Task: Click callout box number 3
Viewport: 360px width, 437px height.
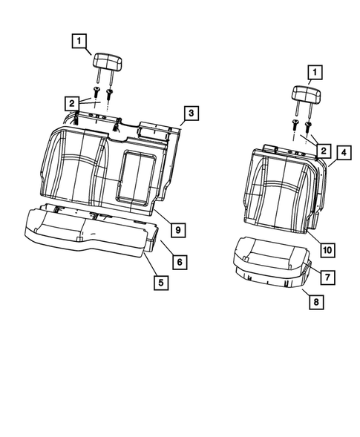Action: pyautogui.click(x=191, y=113)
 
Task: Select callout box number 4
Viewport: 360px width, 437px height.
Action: pyautogui.click(x=343, y=154)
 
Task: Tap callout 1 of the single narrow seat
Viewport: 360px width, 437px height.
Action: pyautogui.click(x=315, y=72)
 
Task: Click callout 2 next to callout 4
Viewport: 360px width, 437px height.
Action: pyautogui.click(x=323, y=150)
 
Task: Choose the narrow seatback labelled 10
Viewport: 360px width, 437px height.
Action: pyautogui.click(x=282, y=185)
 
